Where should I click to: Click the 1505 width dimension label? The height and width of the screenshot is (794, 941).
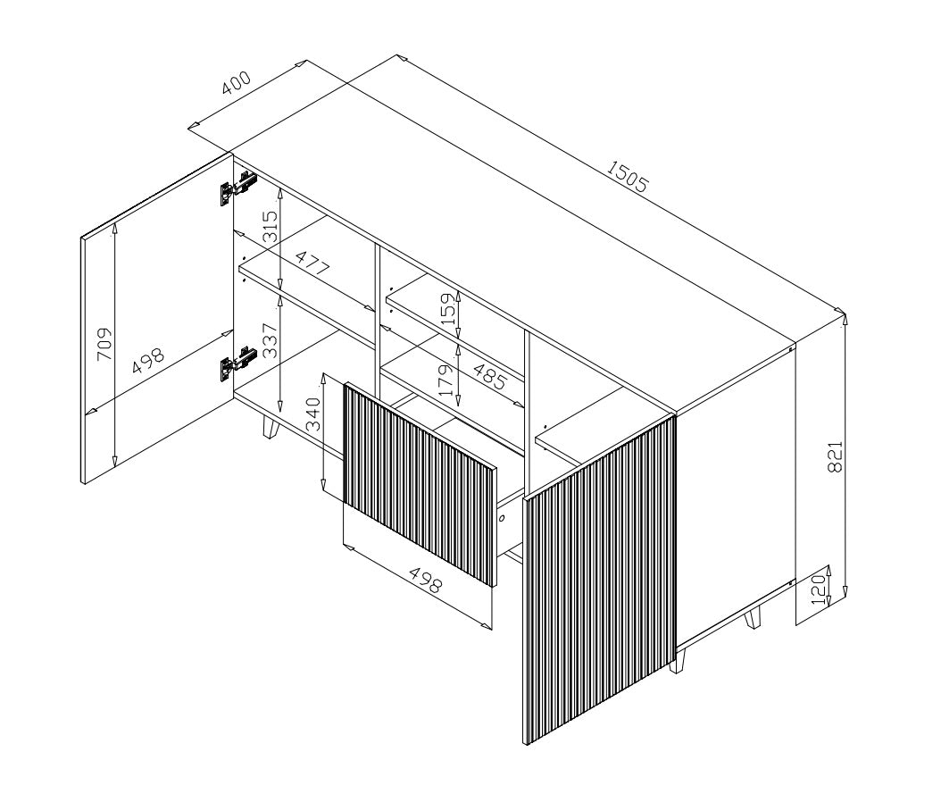point(628,176)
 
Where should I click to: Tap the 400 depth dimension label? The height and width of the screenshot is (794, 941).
point(236,83)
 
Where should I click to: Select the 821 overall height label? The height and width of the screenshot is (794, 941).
point(835,456)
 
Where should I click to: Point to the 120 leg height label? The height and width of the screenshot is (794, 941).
point(818,591)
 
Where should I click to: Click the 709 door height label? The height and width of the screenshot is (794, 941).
point(104,344)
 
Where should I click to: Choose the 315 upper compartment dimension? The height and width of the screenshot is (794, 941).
point(270,226)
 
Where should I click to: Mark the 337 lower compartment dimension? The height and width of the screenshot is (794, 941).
point(270,341)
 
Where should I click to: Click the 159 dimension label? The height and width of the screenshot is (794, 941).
point(448,308)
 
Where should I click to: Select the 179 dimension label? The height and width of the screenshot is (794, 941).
point(446,380)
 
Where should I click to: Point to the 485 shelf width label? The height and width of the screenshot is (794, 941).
point(489,376)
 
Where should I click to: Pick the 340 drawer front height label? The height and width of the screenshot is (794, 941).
point(314,414)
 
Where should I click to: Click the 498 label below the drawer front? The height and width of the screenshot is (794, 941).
point(426,579)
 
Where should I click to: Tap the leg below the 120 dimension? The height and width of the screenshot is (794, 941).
point(753,617)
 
